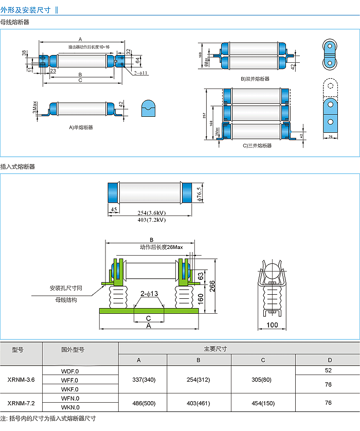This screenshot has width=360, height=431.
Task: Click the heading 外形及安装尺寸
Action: click(x=26, y=9)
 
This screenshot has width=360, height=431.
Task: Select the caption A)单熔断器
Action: click(x=81, y=127)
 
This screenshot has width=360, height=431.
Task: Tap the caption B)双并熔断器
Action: click(x=255, y=79)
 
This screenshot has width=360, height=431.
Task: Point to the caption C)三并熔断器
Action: click(x=256, y=146)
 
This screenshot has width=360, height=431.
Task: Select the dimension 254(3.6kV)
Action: click(x=152, y=213)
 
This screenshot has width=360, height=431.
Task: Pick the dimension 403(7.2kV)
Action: click(x=152, y=220)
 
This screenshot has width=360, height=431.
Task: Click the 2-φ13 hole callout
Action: click(x=149, y=294)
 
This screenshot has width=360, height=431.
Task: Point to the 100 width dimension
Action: click(x=272, y=325)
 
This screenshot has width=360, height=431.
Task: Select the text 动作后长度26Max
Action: click(x=161, y=247)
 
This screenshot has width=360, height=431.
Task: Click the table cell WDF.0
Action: click(x=70, y=370)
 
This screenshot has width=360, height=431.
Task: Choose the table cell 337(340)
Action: click(x=143, y=380)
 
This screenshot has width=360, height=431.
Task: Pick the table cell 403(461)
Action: click(x=199, y=403)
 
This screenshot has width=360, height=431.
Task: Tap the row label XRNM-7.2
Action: click(x=21, y=403)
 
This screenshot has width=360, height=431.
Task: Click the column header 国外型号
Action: click(x=73, y=350)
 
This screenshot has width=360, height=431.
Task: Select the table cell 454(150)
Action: click(x=263, y=403)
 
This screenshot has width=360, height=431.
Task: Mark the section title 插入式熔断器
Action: click(x=17, y=167)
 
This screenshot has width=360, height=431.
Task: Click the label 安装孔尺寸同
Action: click(x=66, y=288)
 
